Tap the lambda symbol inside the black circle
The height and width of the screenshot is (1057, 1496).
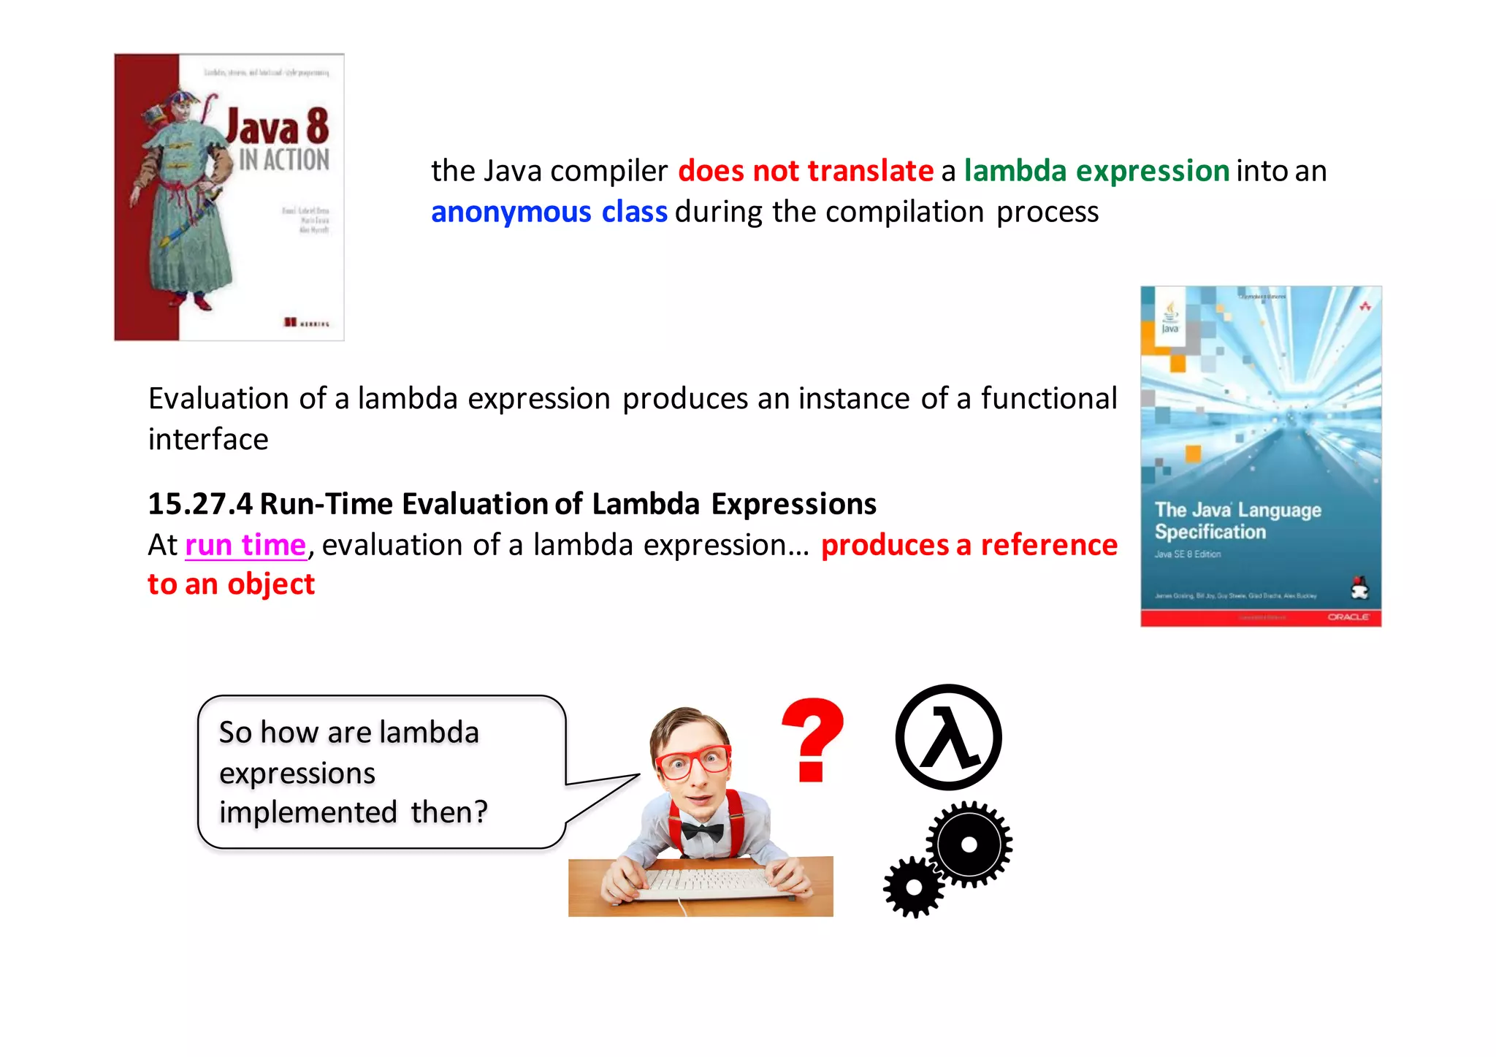tap(948, 738)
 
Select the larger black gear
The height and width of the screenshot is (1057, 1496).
tap(969, 844)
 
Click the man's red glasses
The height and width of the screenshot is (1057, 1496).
tap(692, 761)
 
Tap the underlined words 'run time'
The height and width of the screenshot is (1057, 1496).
tap(245, 545)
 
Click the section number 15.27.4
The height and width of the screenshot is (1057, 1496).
tap(200, 504)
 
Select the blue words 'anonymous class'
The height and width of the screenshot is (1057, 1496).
tap(549, 212)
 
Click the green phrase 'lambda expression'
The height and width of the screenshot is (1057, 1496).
tap(1096, 171)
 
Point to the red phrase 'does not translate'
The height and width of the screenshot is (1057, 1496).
tap(805, 171)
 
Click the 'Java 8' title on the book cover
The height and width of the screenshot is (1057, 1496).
tap(278, 127)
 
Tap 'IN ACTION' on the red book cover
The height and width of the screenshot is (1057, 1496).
tap(284, 159)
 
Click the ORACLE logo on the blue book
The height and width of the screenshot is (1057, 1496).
tap(1348, 617)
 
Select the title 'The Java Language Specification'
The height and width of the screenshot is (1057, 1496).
tap(1237, 520)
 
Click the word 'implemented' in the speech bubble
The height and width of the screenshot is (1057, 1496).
tap(308, 812)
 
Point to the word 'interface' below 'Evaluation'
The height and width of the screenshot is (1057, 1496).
tap(208, 440)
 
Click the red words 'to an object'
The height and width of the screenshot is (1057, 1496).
tap(231, 584)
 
